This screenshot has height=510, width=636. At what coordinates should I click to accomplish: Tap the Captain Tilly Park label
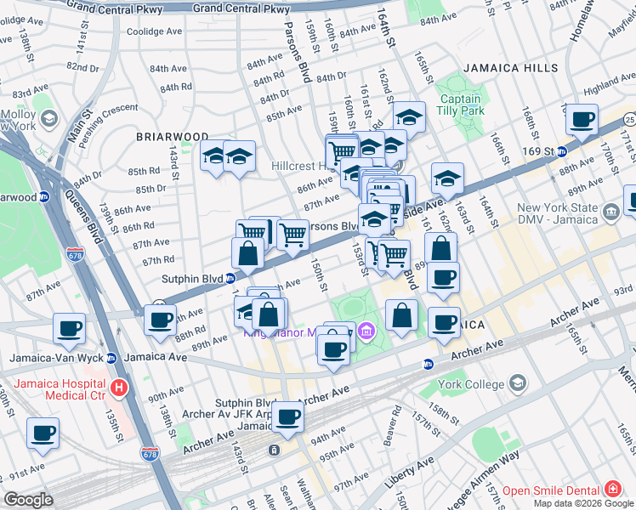[x=460, y=105]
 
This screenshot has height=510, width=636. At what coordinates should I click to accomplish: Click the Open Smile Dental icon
[x=612, y=490]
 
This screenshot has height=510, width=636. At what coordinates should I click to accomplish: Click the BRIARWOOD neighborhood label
[x=173, y=136]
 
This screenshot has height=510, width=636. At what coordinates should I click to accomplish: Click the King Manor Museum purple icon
[x=366, y=330]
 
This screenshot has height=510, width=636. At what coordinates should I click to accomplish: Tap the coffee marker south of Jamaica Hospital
[x=43, y=433]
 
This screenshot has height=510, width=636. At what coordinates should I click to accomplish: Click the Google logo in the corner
[x=28, y=500]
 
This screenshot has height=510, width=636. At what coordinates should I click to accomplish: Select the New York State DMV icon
[x=610, y=210]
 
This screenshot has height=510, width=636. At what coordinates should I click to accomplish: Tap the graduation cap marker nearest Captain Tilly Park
[x=409, y=117]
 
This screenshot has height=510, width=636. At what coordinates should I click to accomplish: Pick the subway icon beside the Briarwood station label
[x=45, y=196]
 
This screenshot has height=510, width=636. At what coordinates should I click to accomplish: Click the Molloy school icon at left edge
[x=48, y=119]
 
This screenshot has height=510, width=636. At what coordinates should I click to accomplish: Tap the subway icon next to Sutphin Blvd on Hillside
[x=230, y=277]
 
